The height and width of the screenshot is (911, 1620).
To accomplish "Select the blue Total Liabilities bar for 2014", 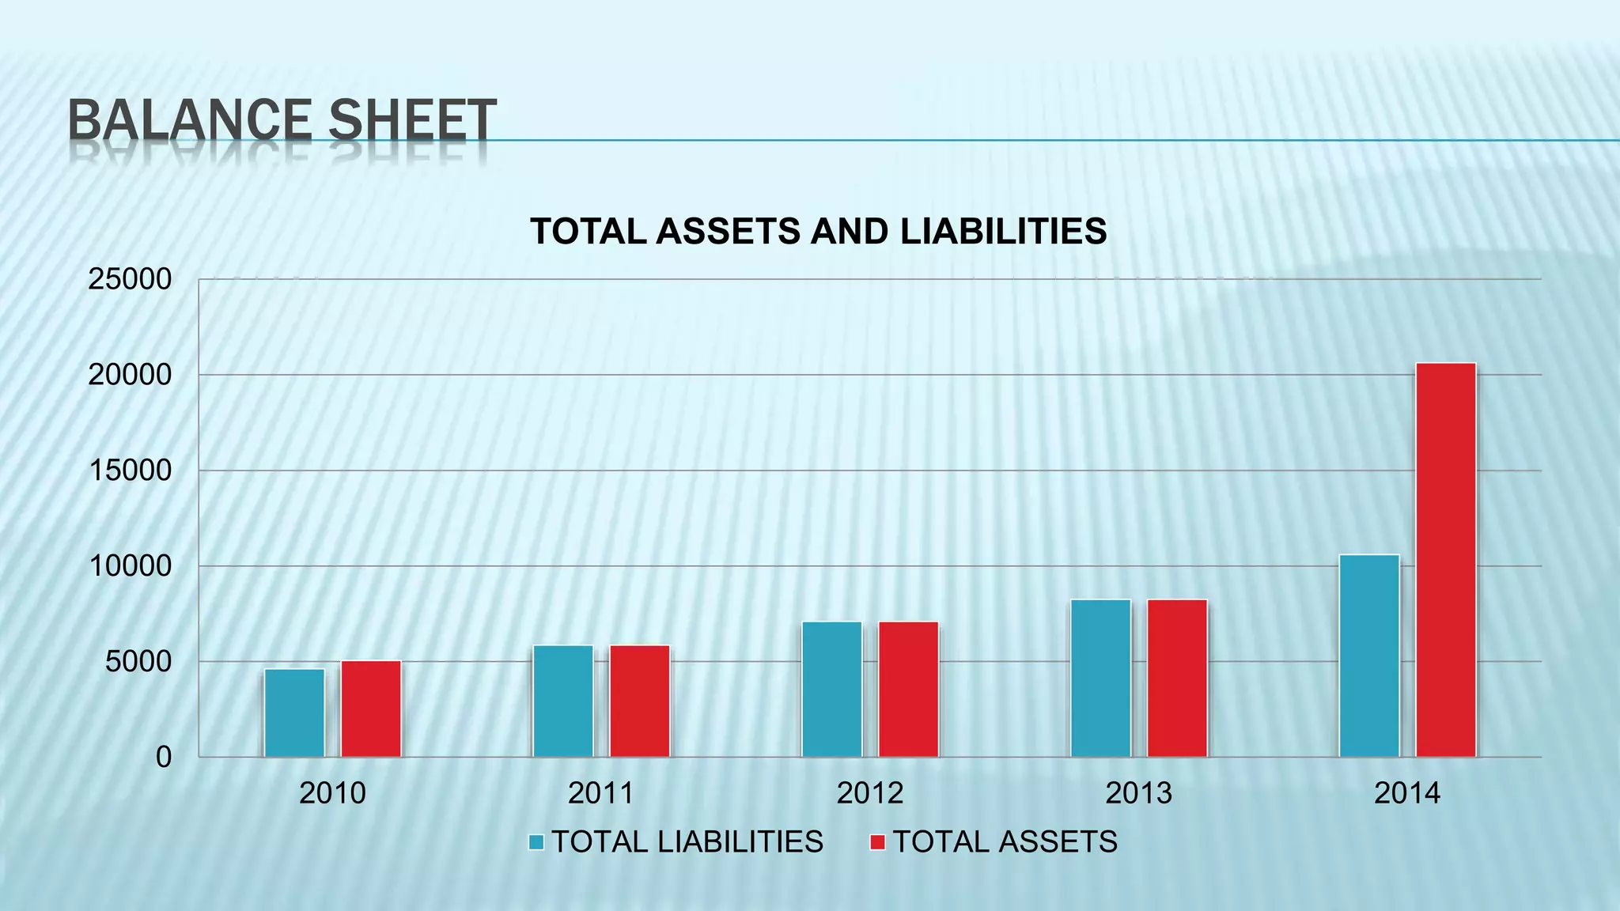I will coord(1368,656).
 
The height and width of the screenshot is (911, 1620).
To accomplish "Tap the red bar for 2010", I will coord(371,709).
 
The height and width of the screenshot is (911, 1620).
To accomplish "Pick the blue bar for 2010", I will coord(294,713).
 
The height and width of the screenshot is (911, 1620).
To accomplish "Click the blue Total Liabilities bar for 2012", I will coord(831,689).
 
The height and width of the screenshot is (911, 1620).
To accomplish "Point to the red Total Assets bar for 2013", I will coord(1177,678).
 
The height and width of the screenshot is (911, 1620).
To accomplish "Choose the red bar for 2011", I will coord(639,701).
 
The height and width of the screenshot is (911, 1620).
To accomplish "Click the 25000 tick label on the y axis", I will coord(130,279).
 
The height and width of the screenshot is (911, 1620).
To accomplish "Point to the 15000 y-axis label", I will coord(130,471).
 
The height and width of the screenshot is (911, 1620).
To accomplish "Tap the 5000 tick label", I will coord(138,662).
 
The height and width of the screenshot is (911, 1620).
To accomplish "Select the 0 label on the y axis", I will coord(163,758).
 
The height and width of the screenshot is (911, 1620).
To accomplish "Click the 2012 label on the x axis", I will coord(869,793).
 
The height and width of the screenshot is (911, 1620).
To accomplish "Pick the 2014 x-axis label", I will coord(1406,793).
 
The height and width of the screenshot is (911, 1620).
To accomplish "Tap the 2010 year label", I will coord(332,793).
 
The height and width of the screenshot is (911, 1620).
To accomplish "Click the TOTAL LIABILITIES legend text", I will coord(687,842).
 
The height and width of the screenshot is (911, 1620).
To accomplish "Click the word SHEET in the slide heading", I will coord(412,120).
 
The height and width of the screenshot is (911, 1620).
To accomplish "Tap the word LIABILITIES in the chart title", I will coord(1003,232).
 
